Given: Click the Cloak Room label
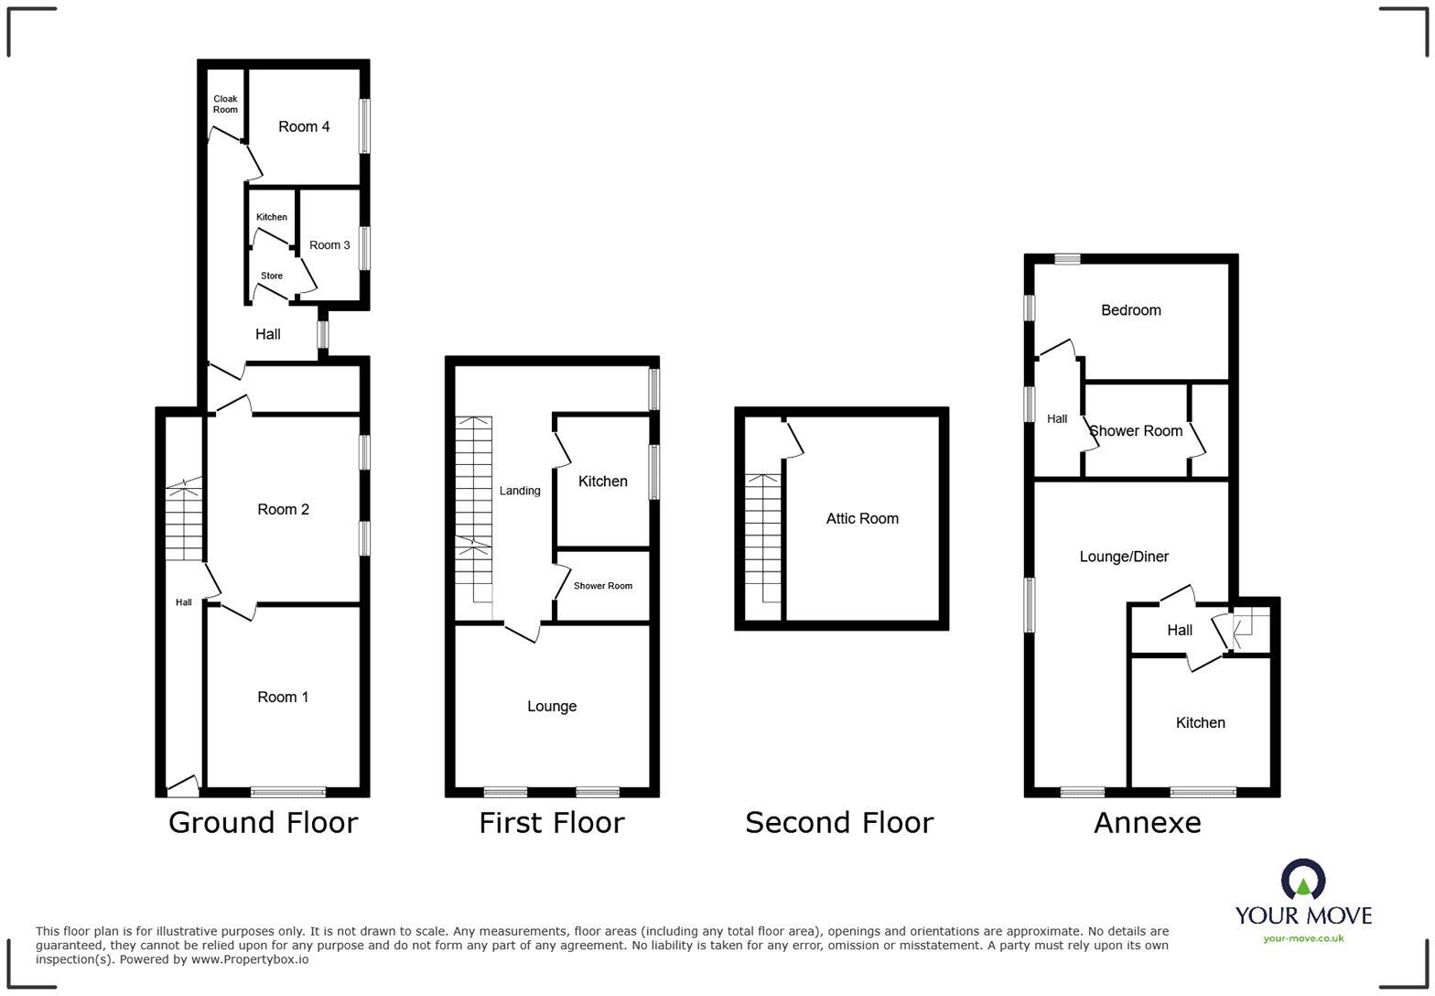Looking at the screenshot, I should (x=225, y=104).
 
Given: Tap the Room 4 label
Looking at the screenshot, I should (x=304, y=126).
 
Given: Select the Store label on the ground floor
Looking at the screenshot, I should (x=272, y=276).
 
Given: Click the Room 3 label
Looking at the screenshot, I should (x=329, y=244).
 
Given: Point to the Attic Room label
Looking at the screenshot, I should (x=862, y=518).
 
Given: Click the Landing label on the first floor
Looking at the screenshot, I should (x=520, y=491).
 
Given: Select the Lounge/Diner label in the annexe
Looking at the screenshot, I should (x=1124, y=556).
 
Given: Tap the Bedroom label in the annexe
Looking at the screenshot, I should (x=1131, y=310).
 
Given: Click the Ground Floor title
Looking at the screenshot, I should (x=263, y=822).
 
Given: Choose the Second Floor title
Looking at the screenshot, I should (x=839, y=822).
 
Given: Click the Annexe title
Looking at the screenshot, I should (x=1148, y=822).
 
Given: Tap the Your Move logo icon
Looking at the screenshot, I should (x=1303, y=881).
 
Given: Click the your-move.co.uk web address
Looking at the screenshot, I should (x=1303, y=937).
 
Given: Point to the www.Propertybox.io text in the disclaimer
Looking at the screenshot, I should (x=249, y=959).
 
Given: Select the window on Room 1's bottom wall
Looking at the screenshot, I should (x=288, y=792).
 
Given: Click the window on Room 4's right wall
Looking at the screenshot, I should (x=364, y=125).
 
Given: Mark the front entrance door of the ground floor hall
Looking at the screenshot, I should (x=183, y=786).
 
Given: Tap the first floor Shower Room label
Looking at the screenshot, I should (x=603, y=586).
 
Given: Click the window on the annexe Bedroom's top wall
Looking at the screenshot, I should (x=1067, y=259).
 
